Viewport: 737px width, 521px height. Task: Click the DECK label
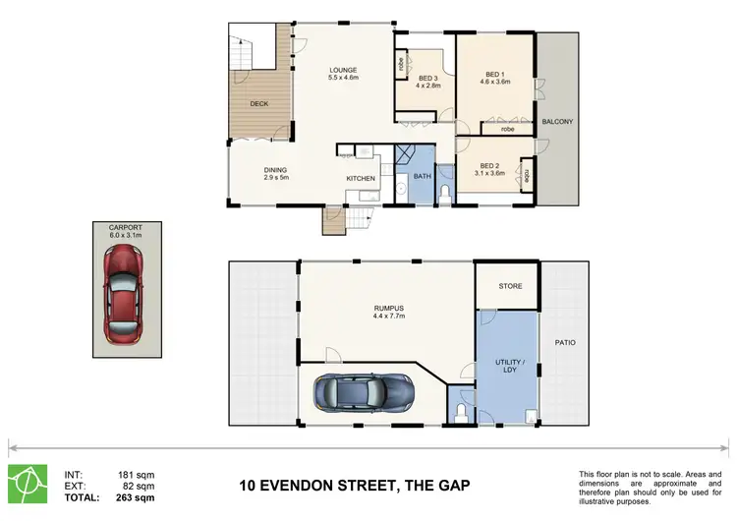(258, 103)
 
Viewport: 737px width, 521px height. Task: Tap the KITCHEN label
(360, 178)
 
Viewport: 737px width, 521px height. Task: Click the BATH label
(423, 176)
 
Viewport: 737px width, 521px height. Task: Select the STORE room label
(509, 286)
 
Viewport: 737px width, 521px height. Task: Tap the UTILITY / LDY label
(508, 367)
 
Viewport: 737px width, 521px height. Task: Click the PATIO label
(564, 342)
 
